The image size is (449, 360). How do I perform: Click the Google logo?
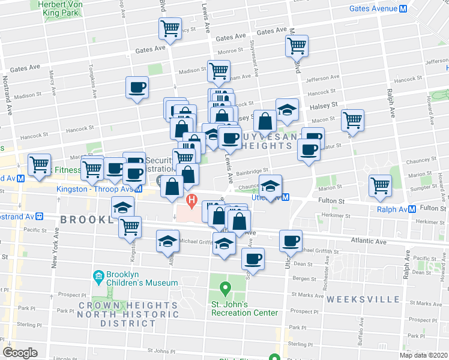pos(20,353)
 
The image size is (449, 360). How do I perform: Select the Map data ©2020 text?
pos(423,355)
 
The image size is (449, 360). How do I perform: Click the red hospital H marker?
pos(191,200)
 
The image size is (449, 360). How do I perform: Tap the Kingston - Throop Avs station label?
pos(95,188)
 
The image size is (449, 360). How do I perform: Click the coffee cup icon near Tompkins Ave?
pos(136,88)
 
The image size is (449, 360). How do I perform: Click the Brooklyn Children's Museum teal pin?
pos(98,277)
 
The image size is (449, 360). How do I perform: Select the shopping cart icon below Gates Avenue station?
pos(297,45)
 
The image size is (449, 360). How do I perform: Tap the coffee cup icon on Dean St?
pos(253,259)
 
